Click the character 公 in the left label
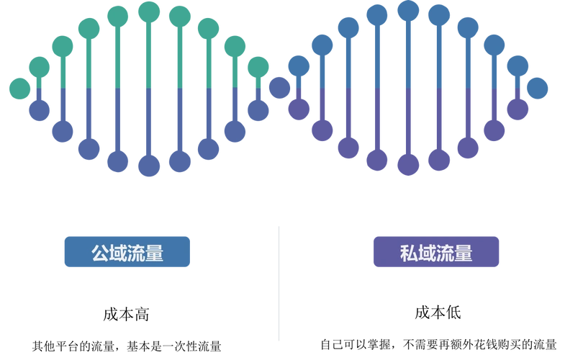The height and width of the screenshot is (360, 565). pyautogui.click(x=100, y=253)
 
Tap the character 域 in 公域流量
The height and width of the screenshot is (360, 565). pyautogui.click(x=118, y=253)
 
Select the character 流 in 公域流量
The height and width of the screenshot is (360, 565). pyautogui.click(x=136, y=253)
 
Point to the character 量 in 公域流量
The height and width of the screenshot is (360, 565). pyautogui.click(x=154, y=253)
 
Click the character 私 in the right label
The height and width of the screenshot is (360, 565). pyautogui.click(x=408, y=253)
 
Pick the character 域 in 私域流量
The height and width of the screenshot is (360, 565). pyautogui.click(x=426, y=253)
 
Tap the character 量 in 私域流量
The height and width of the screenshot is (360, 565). pyautogui.click(x=463, y=253)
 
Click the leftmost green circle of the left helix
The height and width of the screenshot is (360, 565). pyautogui.click(x=19, y=88)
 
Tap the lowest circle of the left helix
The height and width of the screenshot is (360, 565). pyautogui.click(x=149, y=166)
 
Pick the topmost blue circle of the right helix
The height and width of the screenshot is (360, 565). pyautogui.click(x=408, y=10)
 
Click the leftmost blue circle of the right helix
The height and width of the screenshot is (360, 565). pyautogui.click(x=279, y=88)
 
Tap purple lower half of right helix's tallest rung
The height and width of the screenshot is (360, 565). pyautogui.click(x=408, y=122)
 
